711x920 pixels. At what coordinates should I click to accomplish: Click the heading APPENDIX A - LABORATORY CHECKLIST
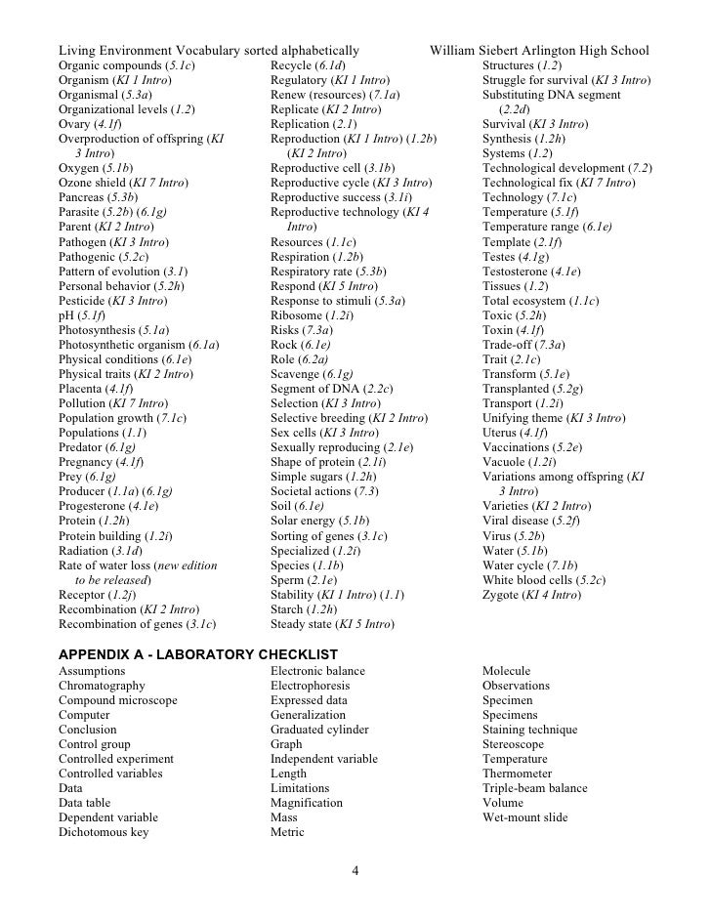(x=198, y=653)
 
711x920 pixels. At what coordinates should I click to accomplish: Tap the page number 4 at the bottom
(x=355, y=871)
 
